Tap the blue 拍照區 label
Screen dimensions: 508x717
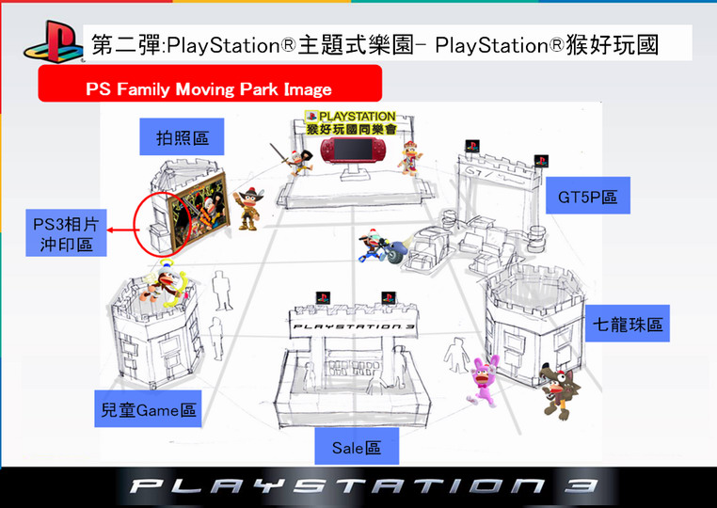[x=183, y=137]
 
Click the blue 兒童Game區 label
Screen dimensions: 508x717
[x=149, y=410]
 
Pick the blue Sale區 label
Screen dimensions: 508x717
[x=358, y=447]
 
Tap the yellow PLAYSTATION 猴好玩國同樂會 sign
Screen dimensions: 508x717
[x=351, y=121]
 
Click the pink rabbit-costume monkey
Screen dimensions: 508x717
[x=484, y=382]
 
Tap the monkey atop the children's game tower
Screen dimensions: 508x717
[x=168, y=277]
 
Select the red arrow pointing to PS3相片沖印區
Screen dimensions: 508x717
[x=121, y=229]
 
